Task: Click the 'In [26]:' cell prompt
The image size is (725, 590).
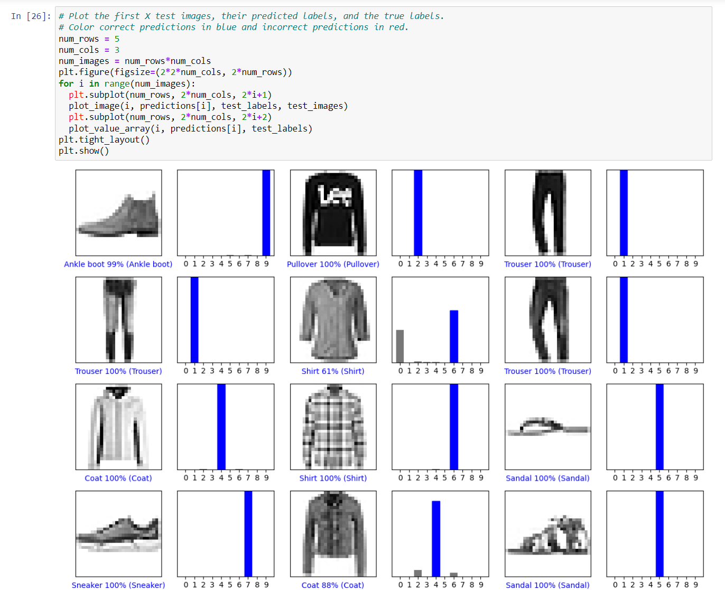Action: click(31, 16)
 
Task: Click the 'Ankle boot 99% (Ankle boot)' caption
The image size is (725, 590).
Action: click(118, 264)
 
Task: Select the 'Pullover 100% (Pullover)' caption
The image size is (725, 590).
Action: click(333, 264)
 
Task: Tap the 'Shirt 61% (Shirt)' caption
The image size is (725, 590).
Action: click(333, 371)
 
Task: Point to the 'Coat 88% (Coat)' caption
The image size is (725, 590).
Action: click(333, 585)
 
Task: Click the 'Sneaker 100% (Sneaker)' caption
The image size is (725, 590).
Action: click(118, 585)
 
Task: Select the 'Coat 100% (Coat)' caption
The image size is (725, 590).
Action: click(118, 478)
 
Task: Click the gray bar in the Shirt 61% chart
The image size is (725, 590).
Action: click(400, 346)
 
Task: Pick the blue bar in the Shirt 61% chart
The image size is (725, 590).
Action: click(454, 336)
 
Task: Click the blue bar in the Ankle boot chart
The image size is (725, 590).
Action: click(266, 213)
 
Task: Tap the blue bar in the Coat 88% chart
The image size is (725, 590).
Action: click(436, 539)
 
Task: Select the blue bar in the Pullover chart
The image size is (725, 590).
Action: click(418, 213)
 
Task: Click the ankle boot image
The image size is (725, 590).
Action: click(119, 215)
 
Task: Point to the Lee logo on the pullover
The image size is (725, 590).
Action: click(334, 195)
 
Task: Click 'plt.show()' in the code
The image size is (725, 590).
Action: click(83, 151)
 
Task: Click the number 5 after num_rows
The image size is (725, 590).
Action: click(117, 39)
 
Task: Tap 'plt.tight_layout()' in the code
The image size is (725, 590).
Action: click(104, 139)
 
